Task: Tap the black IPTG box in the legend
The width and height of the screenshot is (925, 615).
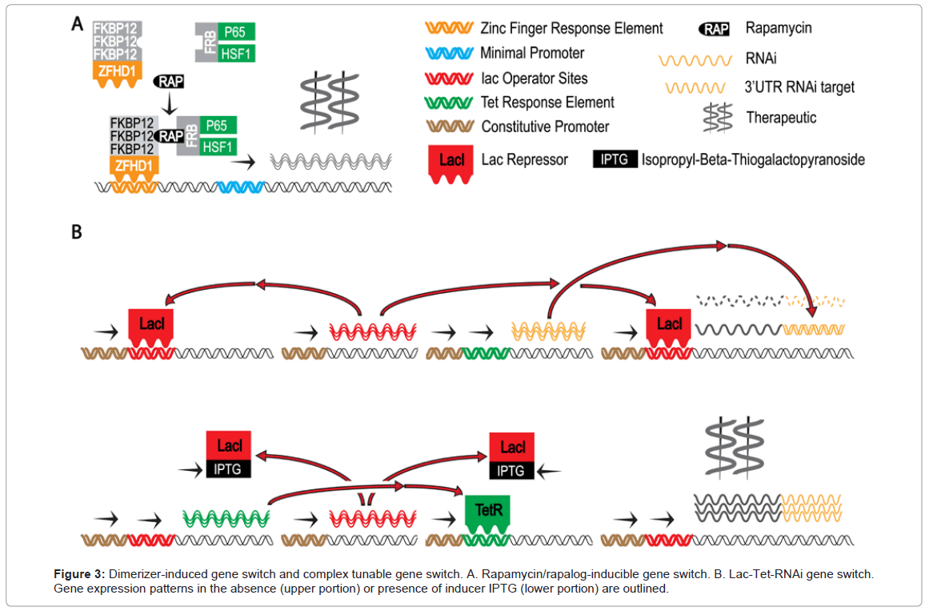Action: click(615, 159)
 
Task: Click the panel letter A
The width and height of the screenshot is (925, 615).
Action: click(77, 25)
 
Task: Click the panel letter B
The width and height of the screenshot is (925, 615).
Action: click(77, 233)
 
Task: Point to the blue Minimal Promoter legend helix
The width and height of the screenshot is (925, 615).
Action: click(448, 54)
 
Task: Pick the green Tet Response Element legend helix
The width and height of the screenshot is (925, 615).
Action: click(448, 102)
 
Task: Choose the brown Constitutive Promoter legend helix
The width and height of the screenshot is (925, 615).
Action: click(448, 127)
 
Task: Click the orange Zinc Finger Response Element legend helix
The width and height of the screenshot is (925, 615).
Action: click(448, 29)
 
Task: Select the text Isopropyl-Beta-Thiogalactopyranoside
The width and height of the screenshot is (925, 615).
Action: click(753, 159)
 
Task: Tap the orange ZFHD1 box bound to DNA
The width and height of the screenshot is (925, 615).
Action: click(134, 167)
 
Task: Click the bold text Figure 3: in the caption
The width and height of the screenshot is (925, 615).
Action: click(79, 574)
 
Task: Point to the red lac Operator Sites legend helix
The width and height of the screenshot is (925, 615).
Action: click(448, 78)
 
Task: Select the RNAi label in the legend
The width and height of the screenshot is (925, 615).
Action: click(759, 58)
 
